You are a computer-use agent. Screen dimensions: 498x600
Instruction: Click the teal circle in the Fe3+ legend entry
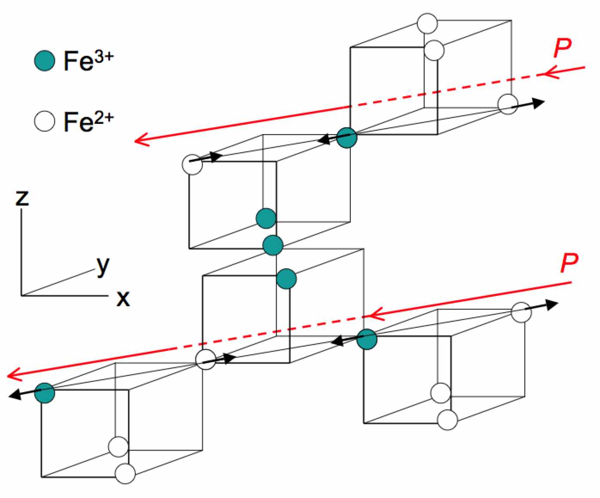point(45,60)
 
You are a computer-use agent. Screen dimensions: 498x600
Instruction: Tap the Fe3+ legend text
point(89,60)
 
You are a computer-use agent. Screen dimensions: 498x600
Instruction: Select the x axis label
point(123,298)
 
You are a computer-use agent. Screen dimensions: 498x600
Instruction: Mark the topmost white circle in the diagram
point(427,24)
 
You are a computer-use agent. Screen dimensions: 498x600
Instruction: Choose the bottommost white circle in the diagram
point(125,473)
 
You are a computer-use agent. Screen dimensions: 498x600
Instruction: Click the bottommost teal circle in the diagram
point(45,393)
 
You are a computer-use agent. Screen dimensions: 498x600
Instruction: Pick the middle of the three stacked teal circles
point(273,245)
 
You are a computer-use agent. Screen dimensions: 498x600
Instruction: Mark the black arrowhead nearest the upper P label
point(539,102)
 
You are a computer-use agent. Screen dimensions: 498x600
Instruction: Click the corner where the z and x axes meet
point(21,295)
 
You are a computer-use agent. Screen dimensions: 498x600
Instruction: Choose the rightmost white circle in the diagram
point(521,312)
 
